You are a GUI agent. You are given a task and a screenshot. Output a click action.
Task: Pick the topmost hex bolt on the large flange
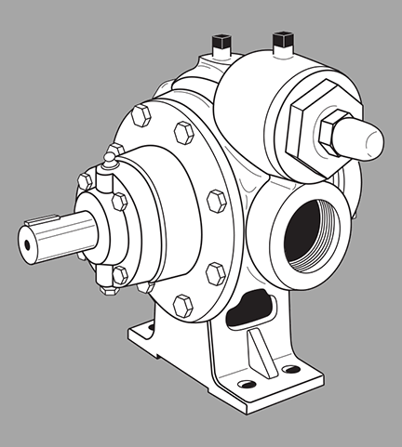(141, 115)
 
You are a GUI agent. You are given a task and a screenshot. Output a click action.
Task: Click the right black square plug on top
(278, 38)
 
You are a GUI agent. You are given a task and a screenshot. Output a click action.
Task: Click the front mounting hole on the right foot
(245, 386)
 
